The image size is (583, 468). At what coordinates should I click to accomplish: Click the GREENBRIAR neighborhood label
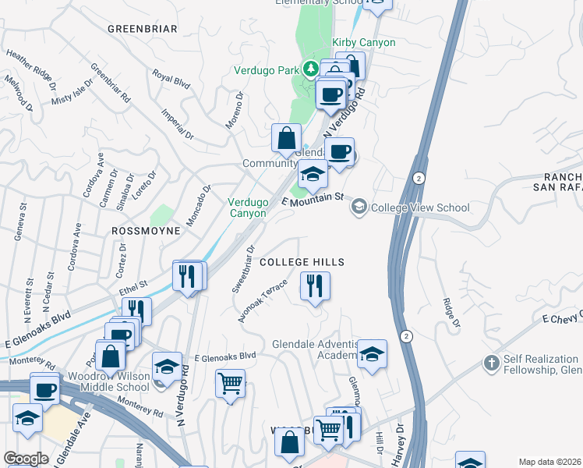click(143, 29)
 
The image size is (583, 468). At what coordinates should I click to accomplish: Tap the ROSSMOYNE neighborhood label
click(146, 231)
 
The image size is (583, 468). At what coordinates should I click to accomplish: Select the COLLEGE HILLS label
click(302, 262)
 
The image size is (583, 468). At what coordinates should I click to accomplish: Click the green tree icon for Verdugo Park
click(310, 69)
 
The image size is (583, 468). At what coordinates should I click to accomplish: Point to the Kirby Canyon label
click(364, 42)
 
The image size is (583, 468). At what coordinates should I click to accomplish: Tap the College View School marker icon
click(359, 207)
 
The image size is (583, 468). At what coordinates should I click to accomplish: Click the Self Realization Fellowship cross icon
click(491, 363)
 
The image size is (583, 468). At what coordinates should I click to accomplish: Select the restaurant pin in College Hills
click(316, 286)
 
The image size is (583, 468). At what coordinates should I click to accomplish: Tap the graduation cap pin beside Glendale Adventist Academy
click(373, 354)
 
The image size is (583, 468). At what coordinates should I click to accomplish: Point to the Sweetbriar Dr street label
click(242, 270)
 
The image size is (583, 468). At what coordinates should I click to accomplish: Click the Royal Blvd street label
click(171, 79)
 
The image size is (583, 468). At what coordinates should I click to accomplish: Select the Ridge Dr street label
click(450, 310)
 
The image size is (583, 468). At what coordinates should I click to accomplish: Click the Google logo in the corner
click(26, 459)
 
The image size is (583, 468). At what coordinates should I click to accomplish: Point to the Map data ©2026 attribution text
click(549, 462)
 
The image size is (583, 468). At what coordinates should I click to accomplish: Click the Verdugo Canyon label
click(248, 207)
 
